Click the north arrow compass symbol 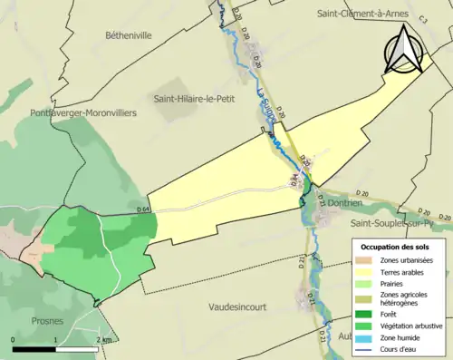[x=404, y=49]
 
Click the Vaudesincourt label [x=236, y=306]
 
